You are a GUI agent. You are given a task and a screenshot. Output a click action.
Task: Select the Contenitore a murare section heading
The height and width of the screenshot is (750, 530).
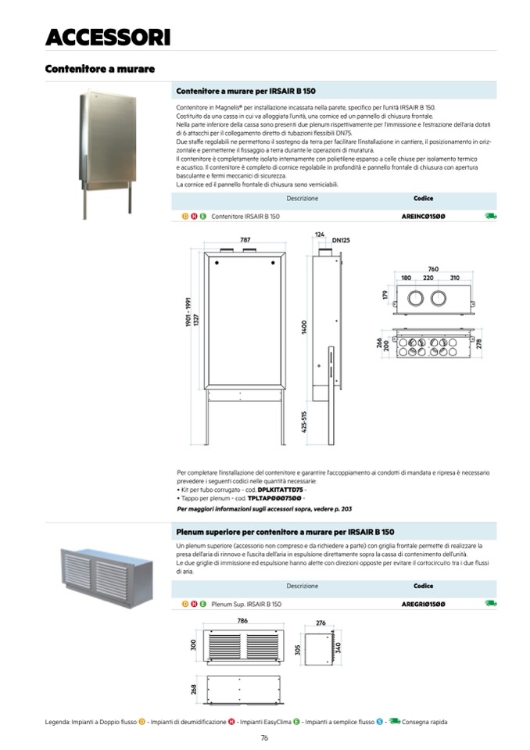[x=99, y=69]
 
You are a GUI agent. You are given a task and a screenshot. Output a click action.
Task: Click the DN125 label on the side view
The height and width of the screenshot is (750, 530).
[x=340, y=239]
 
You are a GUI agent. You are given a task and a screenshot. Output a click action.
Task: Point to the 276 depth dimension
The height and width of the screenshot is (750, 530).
[x=320, y=623]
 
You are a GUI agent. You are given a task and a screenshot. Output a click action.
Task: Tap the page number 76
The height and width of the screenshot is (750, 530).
[x=265, y=737]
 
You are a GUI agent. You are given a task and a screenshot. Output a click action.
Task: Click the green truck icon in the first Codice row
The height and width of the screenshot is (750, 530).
[x=490, y=215]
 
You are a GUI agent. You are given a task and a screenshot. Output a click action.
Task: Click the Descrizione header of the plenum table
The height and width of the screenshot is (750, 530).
[x=302, y=586]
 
